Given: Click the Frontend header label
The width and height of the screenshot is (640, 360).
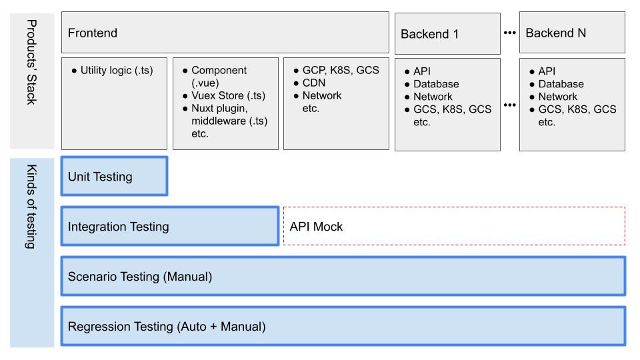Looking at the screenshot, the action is point(93,33).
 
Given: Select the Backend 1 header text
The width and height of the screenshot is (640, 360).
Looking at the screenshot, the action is point(429,34).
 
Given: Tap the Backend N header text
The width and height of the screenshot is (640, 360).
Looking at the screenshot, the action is point(555,33).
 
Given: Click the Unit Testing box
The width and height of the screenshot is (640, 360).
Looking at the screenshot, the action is point(114,176).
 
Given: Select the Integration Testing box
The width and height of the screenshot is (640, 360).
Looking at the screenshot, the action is point(170,226).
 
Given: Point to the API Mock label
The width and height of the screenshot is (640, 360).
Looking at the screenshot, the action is point(316,227).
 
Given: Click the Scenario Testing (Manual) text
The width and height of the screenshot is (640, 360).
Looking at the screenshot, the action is point(140,276).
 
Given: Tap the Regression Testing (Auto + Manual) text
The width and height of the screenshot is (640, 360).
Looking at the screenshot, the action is point(167,327).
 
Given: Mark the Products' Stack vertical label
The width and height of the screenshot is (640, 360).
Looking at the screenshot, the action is point(32,62).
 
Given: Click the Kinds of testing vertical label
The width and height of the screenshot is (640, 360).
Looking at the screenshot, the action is point(32,207).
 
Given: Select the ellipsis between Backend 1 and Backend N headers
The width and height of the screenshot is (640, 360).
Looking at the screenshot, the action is point(510,33).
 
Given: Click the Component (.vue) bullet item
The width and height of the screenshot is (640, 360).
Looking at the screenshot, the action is point(219,76).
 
